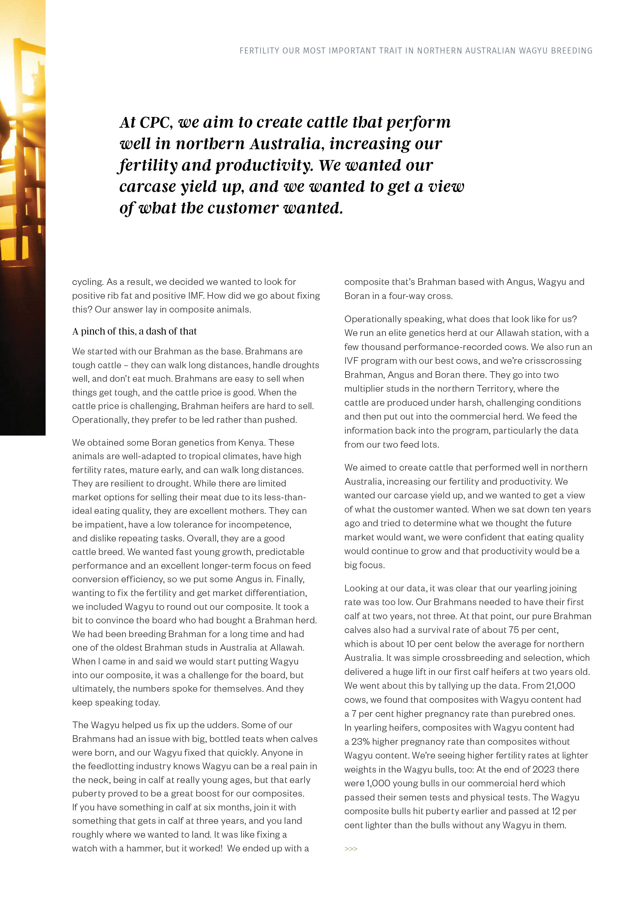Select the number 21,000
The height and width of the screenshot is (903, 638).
[560, 685]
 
